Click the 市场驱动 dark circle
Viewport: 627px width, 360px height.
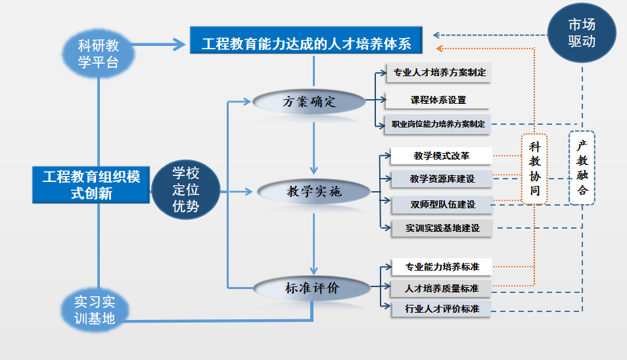[x=582, y=33]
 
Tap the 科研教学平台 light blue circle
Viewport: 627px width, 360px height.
[x=99, y=54]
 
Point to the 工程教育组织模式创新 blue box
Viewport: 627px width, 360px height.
[x=91, y=185]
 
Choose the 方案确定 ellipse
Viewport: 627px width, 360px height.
[x=309, y=102]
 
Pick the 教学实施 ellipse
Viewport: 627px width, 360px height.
[x=314, y=192]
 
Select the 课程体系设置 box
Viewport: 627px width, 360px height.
[x=438, y=100]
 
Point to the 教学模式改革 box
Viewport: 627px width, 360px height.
[x=441, y=156]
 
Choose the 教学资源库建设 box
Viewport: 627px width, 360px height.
[x=442, y=178]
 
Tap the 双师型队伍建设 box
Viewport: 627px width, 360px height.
[x=442, y=204]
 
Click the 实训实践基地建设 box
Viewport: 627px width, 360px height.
[x=442, y=229]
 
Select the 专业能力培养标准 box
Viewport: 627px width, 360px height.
[x=442, y=267]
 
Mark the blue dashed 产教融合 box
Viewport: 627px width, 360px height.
[x=581, y=168]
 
